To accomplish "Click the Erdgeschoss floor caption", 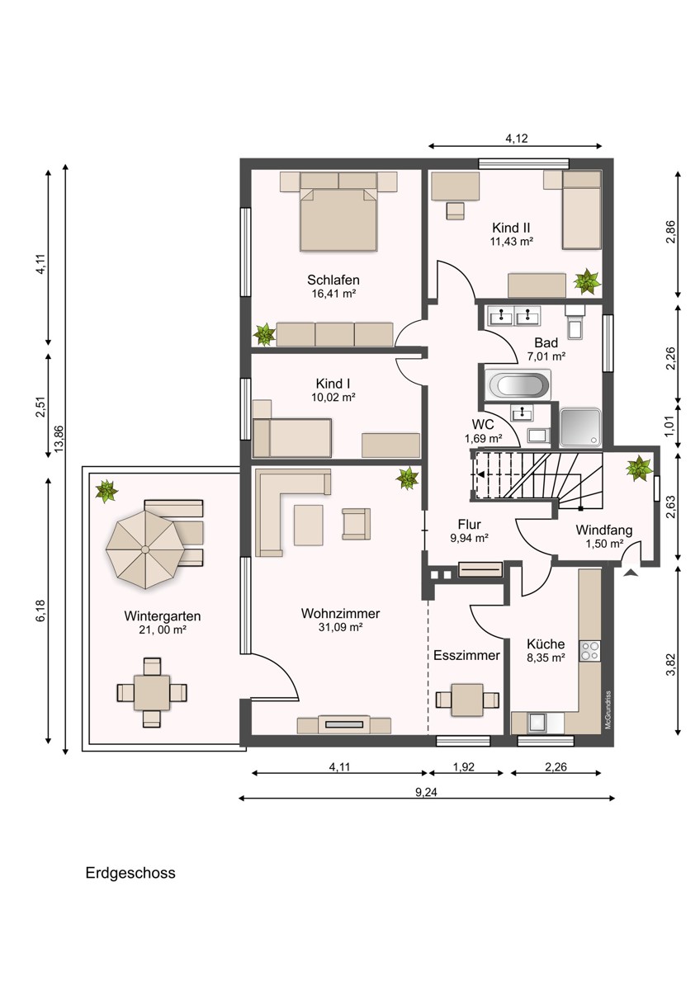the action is pyautogui.click(x=130, y=873).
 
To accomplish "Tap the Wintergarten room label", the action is pyautogui.click(x=163, y=615).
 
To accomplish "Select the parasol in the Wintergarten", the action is pyautogui.click(x=145, y=549).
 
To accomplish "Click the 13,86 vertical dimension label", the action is pyautogui.click(x=59, y=438).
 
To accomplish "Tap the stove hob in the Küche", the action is pyautogui.click(x=590, y=651).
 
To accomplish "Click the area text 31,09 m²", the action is pyautogui.click(x=340, y=627).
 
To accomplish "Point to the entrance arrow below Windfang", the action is pyautogui.click(x=631, y=573).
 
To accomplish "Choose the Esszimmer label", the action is pyautogui.click(x=466, y=655).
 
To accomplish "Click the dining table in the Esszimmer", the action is pyautogui.click(x=467, y=700).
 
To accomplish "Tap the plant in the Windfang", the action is pyautogui.click(x=639, y=469).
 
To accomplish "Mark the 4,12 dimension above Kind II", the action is pyautogui.click(x=517, y=139).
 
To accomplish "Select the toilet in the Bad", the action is pyautogui.click(x=575, y=324).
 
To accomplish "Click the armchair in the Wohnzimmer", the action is pyautogui.click(x=356, y=524).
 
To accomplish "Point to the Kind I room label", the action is pyautogui.click(x=333, y=383).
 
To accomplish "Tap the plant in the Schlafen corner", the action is pyautogui.click(x=265, y=335).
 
